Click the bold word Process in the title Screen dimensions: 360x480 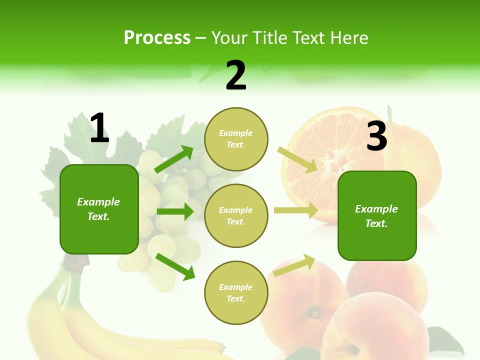pos(157,37)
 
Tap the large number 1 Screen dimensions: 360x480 pos(99,128)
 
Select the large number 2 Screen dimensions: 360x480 pos(236,75)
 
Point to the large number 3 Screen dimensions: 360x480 pos(376,136)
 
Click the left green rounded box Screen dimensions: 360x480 pos(99,209)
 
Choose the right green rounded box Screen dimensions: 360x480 pos(377,216)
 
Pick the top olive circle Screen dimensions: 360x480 pos(236,139)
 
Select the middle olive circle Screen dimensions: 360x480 pos(236,216)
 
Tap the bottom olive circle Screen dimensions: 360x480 pos(236,293)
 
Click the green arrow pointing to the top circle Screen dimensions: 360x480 pos(174,159)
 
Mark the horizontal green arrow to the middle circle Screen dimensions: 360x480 pos(174,211)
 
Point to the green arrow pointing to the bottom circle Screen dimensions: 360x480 pos(175,266)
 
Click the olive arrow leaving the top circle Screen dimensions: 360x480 pos(297,159)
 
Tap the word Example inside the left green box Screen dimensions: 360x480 pos(98,202)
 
